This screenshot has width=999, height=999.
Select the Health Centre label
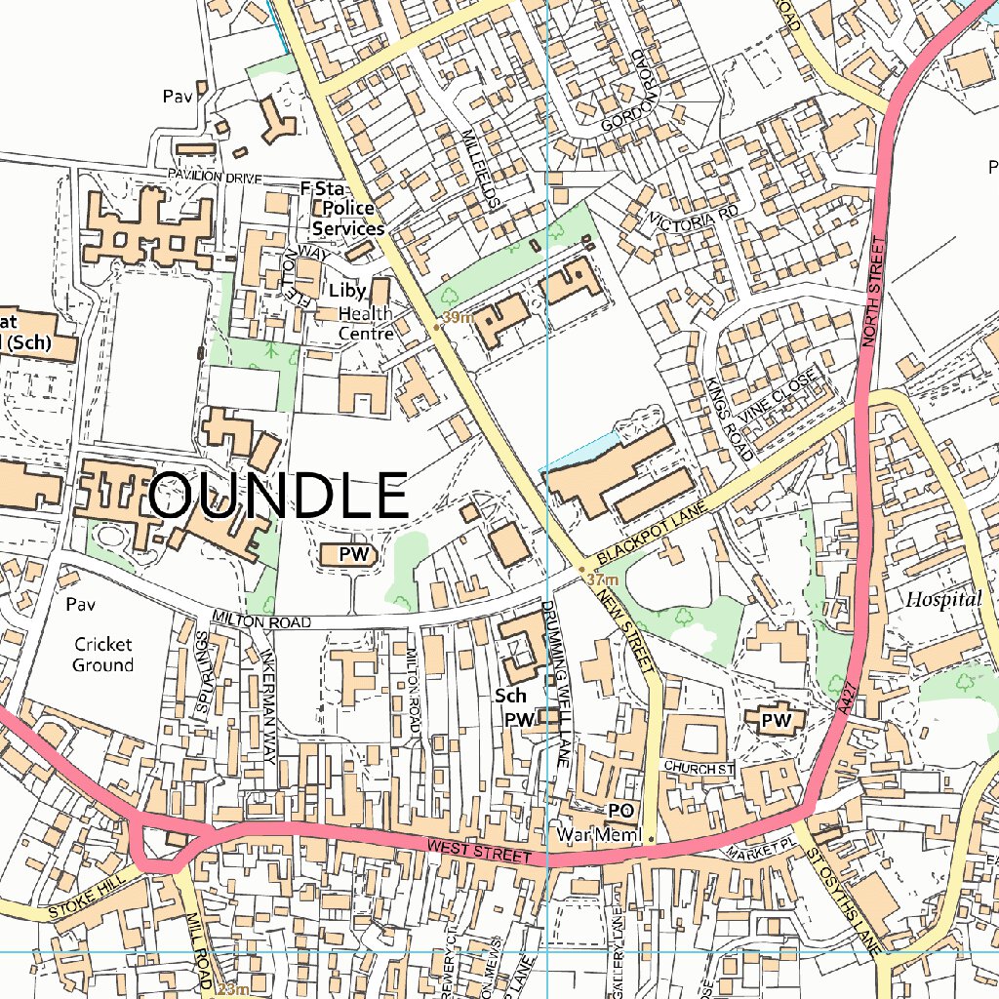click(366, 324)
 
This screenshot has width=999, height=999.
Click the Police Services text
click(348, 220)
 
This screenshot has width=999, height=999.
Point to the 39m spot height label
click(456, 318)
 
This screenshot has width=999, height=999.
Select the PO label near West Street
click(621, 811)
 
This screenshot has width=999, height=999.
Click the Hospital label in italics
click(942, 600)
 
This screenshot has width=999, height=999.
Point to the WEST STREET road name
click(478, 851)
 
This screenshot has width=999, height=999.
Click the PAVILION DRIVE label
click(215, 178)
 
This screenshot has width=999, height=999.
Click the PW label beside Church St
click(776, 720)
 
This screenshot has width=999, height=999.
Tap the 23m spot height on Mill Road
click(232, 989)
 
